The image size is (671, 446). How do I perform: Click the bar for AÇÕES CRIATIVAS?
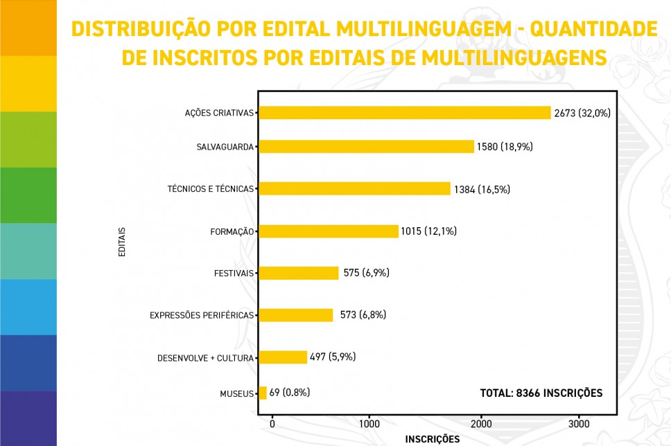[x=404, y=113]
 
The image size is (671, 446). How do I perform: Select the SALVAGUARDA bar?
[x=366, y=146]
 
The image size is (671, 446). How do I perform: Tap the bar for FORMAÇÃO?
[x=329, y=231]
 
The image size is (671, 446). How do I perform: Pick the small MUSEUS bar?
[x=263, y=393]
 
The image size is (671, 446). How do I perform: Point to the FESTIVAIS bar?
[x=299, y=273]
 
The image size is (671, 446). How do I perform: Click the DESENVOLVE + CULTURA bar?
[x=283, y=357]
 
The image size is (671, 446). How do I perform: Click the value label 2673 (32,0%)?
[x=582, y=113]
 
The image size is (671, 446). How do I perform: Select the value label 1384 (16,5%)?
[x=482, y=189]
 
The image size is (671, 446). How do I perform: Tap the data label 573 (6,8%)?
[x=363, y=315]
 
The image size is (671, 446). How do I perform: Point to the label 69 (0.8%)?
[x=290, y=392]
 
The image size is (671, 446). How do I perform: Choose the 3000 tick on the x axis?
[x=579, y=424]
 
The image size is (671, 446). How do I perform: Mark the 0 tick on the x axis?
[x=272, y=424]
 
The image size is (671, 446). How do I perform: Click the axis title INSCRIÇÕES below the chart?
[x=432, y=439]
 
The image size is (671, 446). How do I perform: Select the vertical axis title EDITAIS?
[x=122, y=242]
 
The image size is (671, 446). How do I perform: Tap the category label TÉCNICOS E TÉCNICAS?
[x=211, y=189]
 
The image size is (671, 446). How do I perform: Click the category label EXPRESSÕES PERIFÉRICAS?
[x=202, y=316]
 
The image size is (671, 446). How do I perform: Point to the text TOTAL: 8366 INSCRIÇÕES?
[x=541, y=393]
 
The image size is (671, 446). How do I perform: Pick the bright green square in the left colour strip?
[x=28, y=195]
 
